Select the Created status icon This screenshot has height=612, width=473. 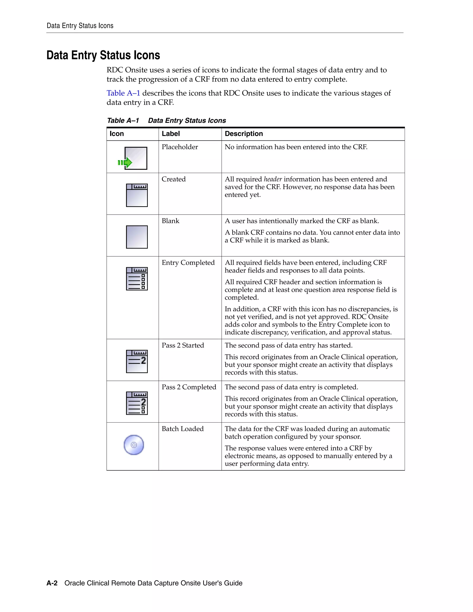click(137, 195)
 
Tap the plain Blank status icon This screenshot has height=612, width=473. click(137, 237)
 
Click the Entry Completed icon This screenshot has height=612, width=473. click(137, 279)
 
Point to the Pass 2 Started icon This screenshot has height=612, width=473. click(137, 361)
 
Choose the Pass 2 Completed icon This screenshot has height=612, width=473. click(137, 403)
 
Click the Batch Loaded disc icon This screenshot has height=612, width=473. click(134, 445)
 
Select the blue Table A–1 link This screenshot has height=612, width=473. click(123, 93)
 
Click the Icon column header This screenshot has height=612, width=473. click(117, 134)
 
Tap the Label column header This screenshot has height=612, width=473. click(171, 134)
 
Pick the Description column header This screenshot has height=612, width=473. click(244, 134)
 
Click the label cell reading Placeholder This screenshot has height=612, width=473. click(180, 147)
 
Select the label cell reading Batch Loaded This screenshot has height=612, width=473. click(182, 429)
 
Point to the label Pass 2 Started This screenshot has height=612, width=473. click(183, 345)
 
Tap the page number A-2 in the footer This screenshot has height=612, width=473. click(52, 583)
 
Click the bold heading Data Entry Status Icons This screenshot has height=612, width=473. click(103, 55)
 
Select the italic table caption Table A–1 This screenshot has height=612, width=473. click(123, 121)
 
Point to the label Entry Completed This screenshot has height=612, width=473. click(188, 263)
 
